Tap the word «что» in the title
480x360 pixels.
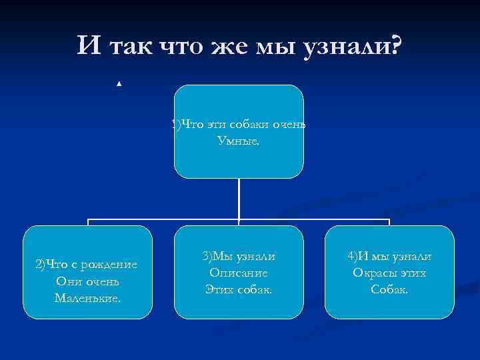pyautogui.click(x=186, y=46)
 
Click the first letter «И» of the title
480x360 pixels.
pyautogui.click(x=87, y=46)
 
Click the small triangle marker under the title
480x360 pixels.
pyautogui.click(x=118, y=84)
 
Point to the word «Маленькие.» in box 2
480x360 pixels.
pyautogui.click(x=88, y=297)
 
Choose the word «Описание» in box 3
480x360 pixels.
pyautogui.click(x=239, y=273)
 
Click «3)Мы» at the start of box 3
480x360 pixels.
pyautogui.click(x=217, y=257)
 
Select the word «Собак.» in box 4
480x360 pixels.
pyautogui.click(x=389, y=289)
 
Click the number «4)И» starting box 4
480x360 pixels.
pyautogui.click(x=357, y=257)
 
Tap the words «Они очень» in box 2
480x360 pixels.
pyautogui.click(x=88, y=281)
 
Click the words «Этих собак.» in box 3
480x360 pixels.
pyautogui.click(x=239, y=289)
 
